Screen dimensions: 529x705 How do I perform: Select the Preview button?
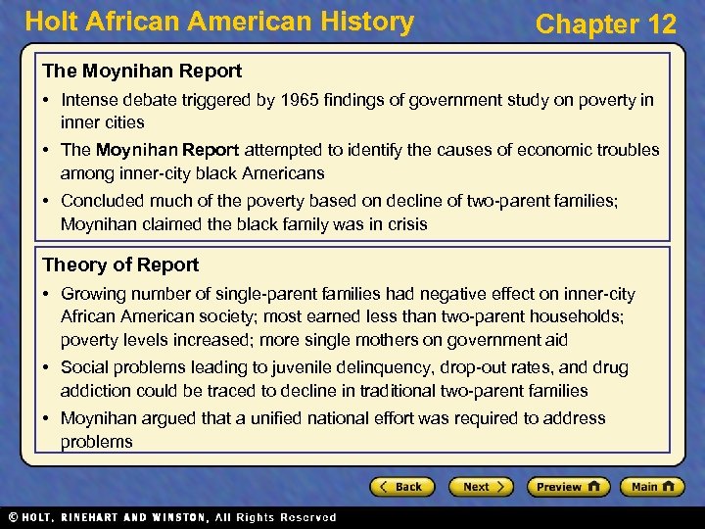coord(568,487)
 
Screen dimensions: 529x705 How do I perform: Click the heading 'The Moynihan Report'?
coord(142,71)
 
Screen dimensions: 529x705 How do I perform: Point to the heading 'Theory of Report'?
coord(120,264)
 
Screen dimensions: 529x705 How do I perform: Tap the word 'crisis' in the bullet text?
coord(404,224)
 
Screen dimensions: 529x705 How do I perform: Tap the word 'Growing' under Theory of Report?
coord(93,294)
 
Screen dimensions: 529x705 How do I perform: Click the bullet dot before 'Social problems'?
coord(47,368)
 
